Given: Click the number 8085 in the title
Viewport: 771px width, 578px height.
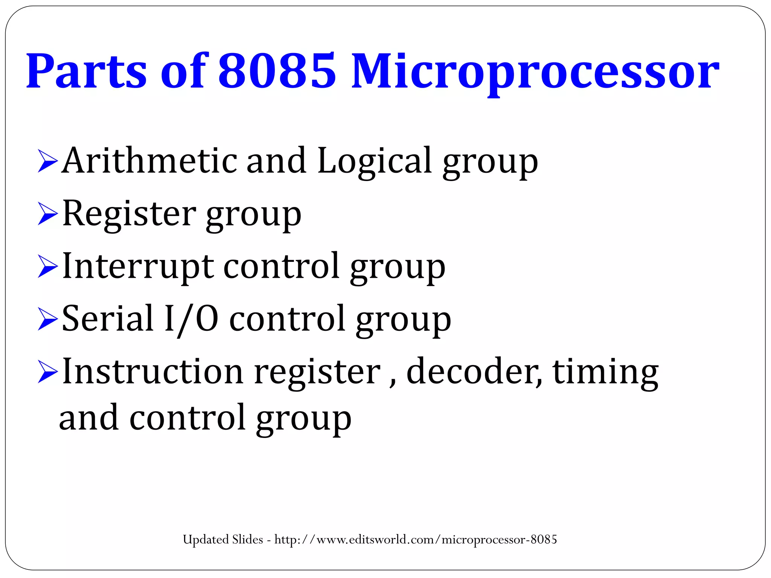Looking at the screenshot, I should coord(277,71).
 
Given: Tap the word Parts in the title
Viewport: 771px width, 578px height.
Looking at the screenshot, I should coord(86,71).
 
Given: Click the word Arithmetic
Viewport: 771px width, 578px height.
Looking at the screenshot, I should coord(149,161).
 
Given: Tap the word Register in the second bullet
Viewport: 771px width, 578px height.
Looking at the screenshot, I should coord(129,213).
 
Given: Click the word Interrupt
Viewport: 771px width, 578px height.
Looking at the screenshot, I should coord(138,266).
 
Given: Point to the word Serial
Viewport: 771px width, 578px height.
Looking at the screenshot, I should coord(108,319).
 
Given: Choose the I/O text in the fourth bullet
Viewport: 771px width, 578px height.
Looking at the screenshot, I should coord(191,319).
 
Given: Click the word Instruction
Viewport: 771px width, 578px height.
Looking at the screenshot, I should coord(153,371).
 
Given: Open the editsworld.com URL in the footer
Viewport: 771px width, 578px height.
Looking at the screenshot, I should coord(416,540).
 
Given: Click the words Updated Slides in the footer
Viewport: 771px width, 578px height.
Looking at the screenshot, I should coord(223,540).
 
